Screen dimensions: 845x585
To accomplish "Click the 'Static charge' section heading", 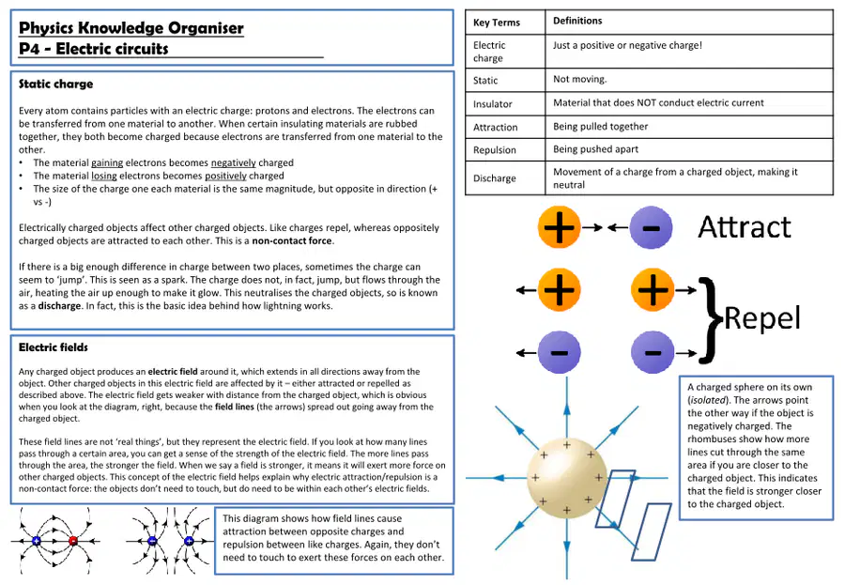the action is tap(55, 85).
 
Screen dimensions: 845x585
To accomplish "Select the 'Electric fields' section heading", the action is tap(53, 347).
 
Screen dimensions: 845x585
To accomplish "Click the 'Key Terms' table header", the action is tap(497, 23).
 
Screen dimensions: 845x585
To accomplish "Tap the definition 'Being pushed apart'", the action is tap(595, 149).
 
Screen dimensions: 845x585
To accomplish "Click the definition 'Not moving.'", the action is tap(580, 79).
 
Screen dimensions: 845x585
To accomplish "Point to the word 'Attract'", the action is tap(745, 227).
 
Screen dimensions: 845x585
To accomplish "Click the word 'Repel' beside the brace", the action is tap(762, 318).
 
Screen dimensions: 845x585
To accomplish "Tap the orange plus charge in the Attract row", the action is tap(559, 227).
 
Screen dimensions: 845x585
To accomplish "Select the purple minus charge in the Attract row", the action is tap(651, 227).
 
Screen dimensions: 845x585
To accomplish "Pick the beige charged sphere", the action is tap(566, 478).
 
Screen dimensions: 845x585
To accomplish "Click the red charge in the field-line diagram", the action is tap(73, 540).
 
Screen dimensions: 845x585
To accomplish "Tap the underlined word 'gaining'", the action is tap(107, 162).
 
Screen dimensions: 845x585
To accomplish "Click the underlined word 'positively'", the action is tap(225, 176).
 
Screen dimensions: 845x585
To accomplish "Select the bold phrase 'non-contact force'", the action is tap(292, 241).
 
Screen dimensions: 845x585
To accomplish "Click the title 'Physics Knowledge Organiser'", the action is tap(131, 28).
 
